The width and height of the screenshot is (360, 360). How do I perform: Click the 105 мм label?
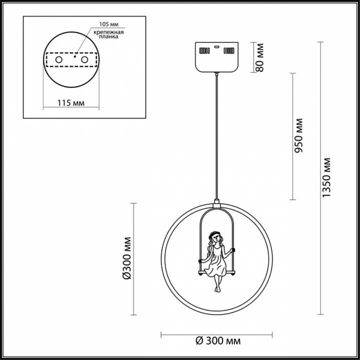pos(109,24)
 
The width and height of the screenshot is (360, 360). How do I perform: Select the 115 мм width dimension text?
pos(70,103)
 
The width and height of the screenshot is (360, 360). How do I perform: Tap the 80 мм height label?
pos(259,57)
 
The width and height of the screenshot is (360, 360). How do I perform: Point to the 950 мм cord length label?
pos(298,135)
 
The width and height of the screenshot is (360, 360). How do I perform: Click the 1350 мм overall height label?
pos(326,177)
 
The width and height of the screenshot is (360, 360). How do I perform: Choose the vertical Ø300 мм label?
pos(126,258)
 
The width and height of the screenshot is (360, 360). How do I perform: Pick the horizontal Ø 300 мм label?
pos(218,341)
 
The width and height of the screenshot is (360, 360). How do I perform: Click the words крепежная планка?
pos(108,34)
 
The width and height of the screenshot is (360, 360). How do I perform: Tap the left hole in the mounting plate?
pos(59,60)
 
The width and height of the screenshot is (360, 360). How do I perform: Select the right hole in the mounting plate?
pos(84,60)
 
